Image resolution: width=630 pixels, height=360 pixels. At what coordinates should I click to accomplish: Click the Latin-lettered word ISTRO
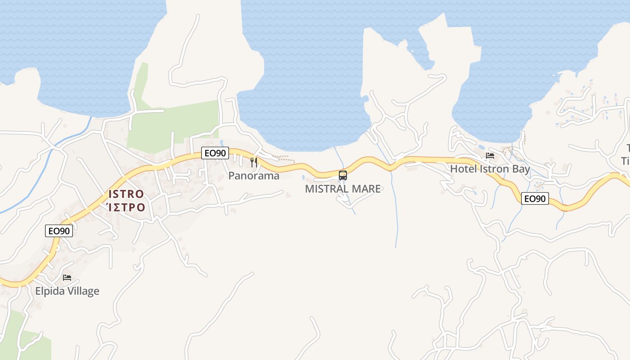(x=126, y=194)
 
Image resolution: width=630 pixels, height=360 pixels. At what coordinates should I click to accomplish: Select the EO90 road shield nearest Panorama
(x=215, y=153)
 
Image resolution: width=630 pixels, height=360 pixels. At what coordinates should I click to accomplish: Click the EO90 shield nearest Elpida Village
(x=59, y=231)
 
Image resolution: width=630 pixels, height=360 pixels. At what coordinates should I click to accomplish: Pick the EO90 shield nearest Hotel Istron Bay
(x=535, y=198)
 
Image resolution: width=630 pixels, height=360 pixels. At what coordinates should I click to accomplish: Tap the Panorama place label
(x=254, y=176)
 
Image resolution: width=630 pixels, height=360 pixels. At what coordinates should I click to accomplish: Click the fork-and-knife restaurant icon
(x=254, y=162)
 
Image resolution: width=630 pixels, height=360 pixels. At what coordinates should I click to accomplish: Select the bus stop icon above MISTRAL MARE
(x=343, y=175)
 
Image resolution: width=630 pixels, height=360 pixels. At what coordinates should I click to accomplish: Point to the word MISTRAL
(x=327, y=189)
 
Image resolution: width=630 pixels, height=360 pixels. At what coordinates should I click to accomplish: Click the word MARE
(x=366, y=189)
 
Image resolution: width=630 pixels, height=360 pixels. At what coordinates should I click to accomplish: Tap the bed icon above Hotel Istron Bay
(x=490, y=156)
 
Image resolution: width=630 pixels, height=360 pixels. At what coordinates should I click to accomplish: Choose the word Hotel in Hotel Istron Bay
(x=463, y=169)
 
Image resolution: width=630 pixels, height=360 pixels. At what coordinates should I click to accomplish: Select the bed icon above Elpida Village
(x=67, y=278)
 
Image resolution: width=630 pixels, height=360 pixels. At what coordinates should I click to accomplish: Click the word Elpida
(x=50, y=291)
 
